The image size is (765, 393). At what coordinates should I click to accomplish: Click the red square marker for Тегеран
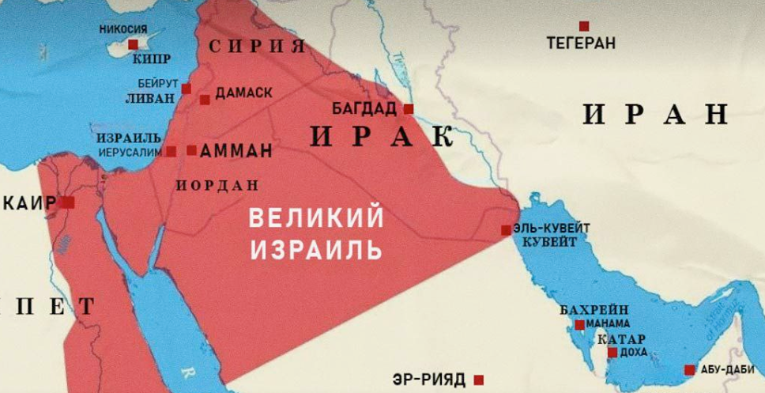click(x=584, y=26)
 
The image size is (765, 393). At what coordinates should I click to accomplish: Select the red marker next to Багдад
click(x=409, y=108)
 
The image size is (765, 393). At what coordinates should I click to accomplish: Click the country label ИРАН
click(x=655, y=115)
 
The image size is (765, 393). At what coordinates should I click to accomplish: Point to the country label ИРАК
click(x=382, y=136)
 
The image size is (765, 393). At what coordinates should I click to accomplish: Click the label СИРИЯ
click(x=258, y=46)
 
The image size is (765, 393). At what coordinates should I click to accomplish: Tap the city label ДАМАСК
click(x=243, y=93)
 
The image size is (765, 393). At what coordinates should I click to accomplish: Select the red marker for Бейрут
click(x=187, y=89)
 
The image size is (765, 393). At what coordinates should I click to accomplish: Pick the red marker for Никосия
click(x=133, y=44)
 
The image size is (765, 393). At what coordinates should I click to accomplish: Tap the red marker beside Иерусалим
click(x=171, y=151)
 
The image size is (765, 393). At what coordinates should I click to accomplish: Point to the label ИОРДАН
click(x=217, y=186)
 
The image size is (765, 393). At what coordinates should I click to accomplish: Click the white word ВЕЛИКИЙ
click(x=316, y=217)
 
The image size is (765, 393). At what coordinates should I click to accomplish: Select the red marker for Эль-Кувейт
click(x=506, y=230)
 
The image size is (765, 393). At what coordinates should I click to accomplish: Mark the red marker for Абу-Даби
click(x=689, y=369)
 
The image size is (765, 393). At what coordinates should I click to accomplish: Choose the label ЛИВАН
click(x=147, y=100)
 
